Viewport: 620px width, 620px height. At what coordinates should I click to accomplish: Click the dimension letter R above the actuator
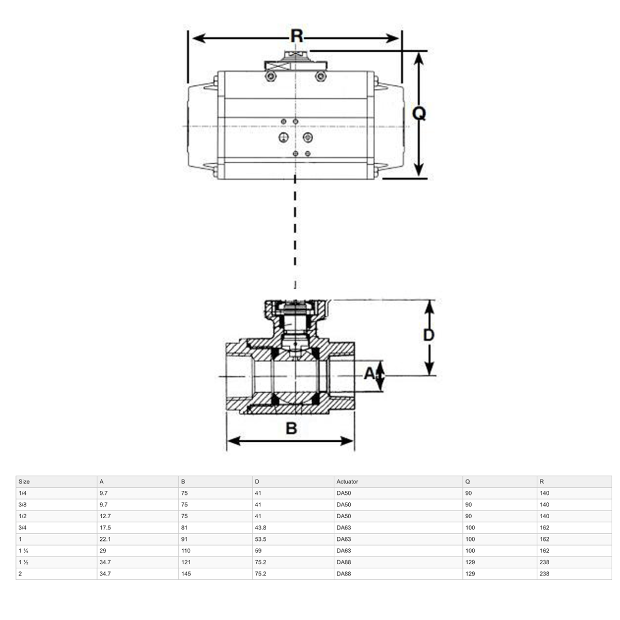(x=296, y=37)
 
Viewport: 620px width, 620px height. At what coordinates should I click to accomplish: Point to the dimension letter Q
(x=419, y=113)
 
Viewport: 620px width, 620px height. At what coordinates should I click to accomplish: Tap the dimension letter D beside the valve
(x=429, y=335)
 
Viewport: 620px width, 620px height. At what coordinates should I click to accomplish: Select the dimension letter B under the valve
(x=291, y=428)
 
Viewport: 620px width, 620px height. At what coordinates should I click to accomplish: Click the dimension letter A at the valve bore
(x=369, y=373)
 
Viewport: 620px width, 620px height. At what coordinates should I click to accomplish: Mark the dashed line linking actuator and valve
(x=295, y=233)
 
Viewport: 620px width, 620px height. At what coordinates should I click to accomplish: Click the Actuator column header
(x=347, y=482)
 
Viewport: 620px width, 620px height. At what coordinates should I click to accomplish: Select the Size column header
(x=24, y=482)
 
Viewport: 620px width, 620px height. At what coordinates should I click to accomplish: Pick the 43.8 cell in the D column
(x=261, y=528)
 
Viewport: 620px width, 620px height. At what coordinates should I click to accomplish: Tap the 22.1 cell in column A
(x=105, y=539)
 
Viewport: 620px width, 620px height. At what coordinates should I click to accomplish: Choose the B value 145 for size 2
(x=186, y=574)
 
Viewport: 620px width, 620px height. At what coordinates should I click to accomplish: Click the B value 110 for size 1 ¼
(x=186, y=551)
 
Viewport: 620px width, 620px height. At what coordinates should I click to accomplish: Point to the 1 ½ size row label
(x=24, y=562)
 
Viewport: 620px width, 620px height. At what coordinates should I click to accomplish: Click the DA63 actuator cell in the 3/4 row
(x=344, y=528)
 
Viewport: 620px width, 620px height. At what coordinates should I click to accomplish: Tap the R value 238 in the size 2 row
(x=544, y=574)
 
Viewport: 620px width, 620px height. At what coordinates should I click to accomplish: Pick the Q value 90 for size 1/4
(x=469, y=493)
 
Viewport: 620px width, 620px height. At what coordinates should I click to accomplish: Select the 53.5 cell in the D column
(x=261, y=539)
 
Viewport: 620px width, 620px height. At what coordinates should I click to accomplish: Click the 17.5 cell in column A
(x=105, y=528)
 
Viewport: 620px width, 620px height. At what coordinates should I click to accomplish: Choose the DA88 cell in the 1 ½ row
(x=344, y=562)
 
